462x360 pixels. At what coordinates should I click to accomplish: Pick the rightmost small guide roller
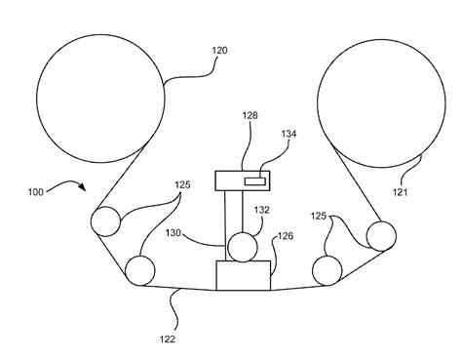[381, 236]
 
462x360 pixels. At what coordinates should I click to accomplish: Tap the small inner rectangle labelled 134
[254, 181]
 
